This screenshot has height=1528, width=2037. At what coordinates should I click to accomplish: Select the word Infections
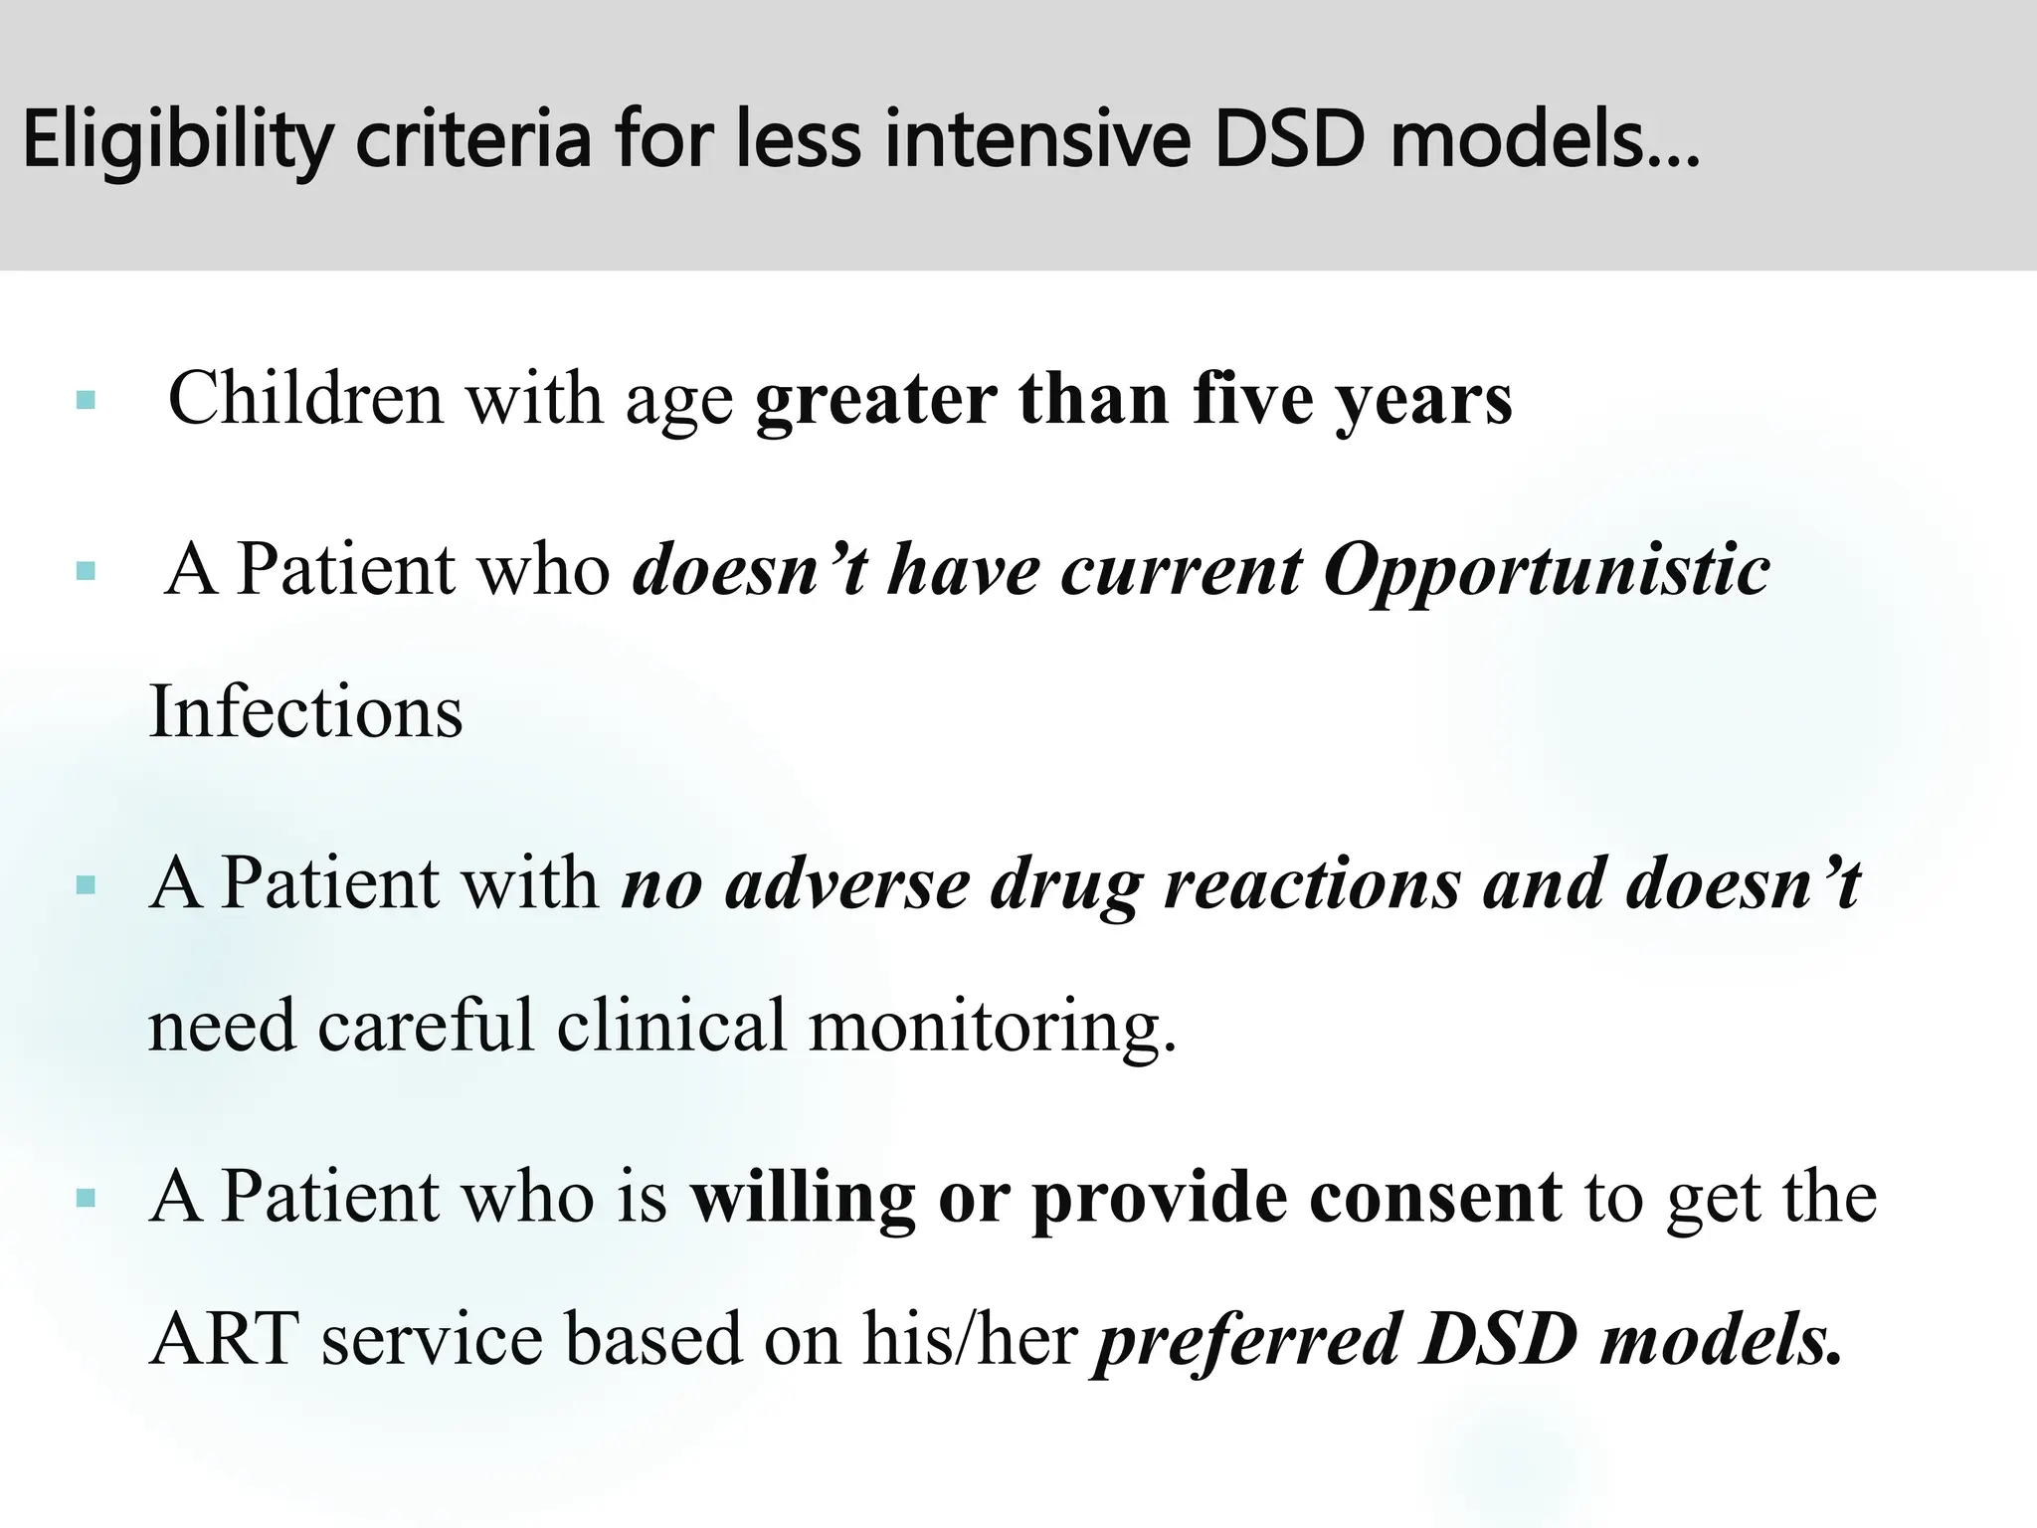(305, 712)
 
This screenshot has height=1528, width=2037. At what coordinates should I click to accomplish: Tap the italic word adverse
(846, 883)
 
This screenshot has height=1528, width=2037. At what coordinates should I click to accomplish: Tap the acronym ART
(225, 1339)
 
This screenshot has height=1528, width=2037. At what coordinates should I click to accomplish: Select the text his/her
(970, 1339)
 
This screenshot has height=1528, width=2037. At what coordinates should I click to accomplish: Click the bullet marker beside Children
(86, 401)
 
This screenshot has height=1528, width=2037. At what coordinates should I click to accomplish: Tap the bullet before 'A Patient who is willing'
(86, 1199)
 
